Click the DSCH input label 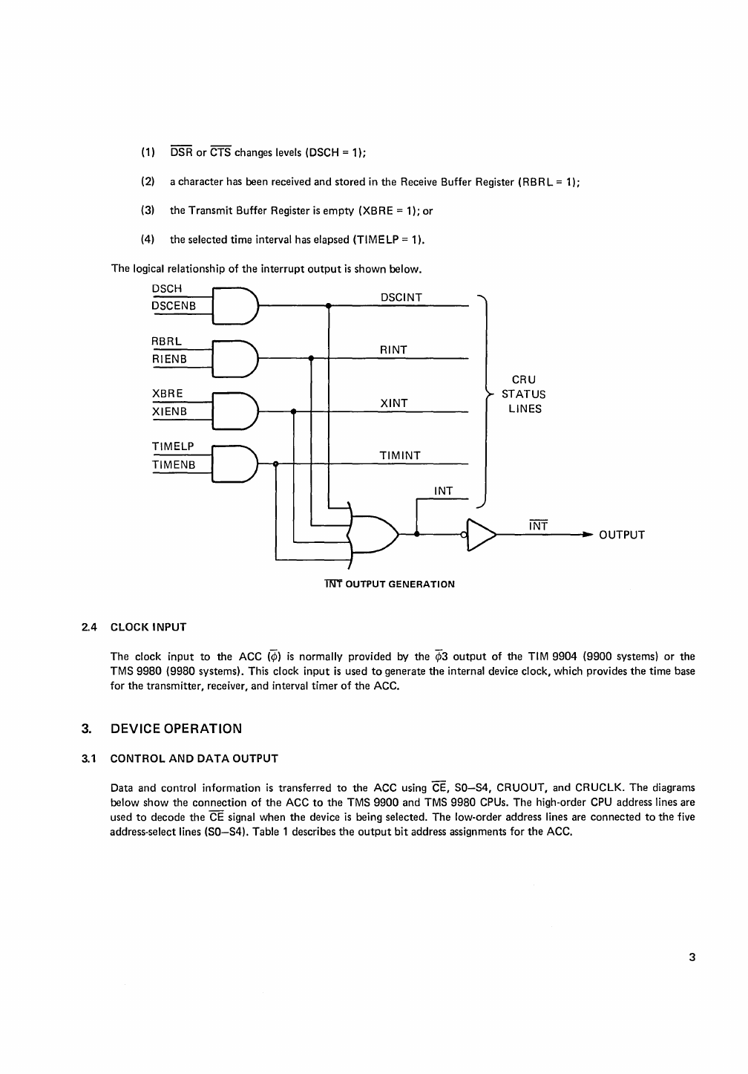(167, 288)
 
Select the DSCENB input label (174, 305)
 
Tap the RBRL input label (167, 341)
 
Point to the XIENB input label (169, 411)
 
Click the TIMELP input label (173, 446)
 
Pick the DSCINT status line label (401, 297)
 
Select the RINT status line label (393, 350)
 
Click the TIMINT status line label (400, 455)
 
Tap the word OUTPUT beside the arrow (622, 535)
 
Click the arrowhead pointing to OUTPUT (587, 534)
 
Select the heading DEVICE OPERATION (176, 728)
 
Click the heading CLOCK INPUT (148, 627)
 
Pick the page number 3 (692, 957)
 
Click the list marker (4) (148, 239)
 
